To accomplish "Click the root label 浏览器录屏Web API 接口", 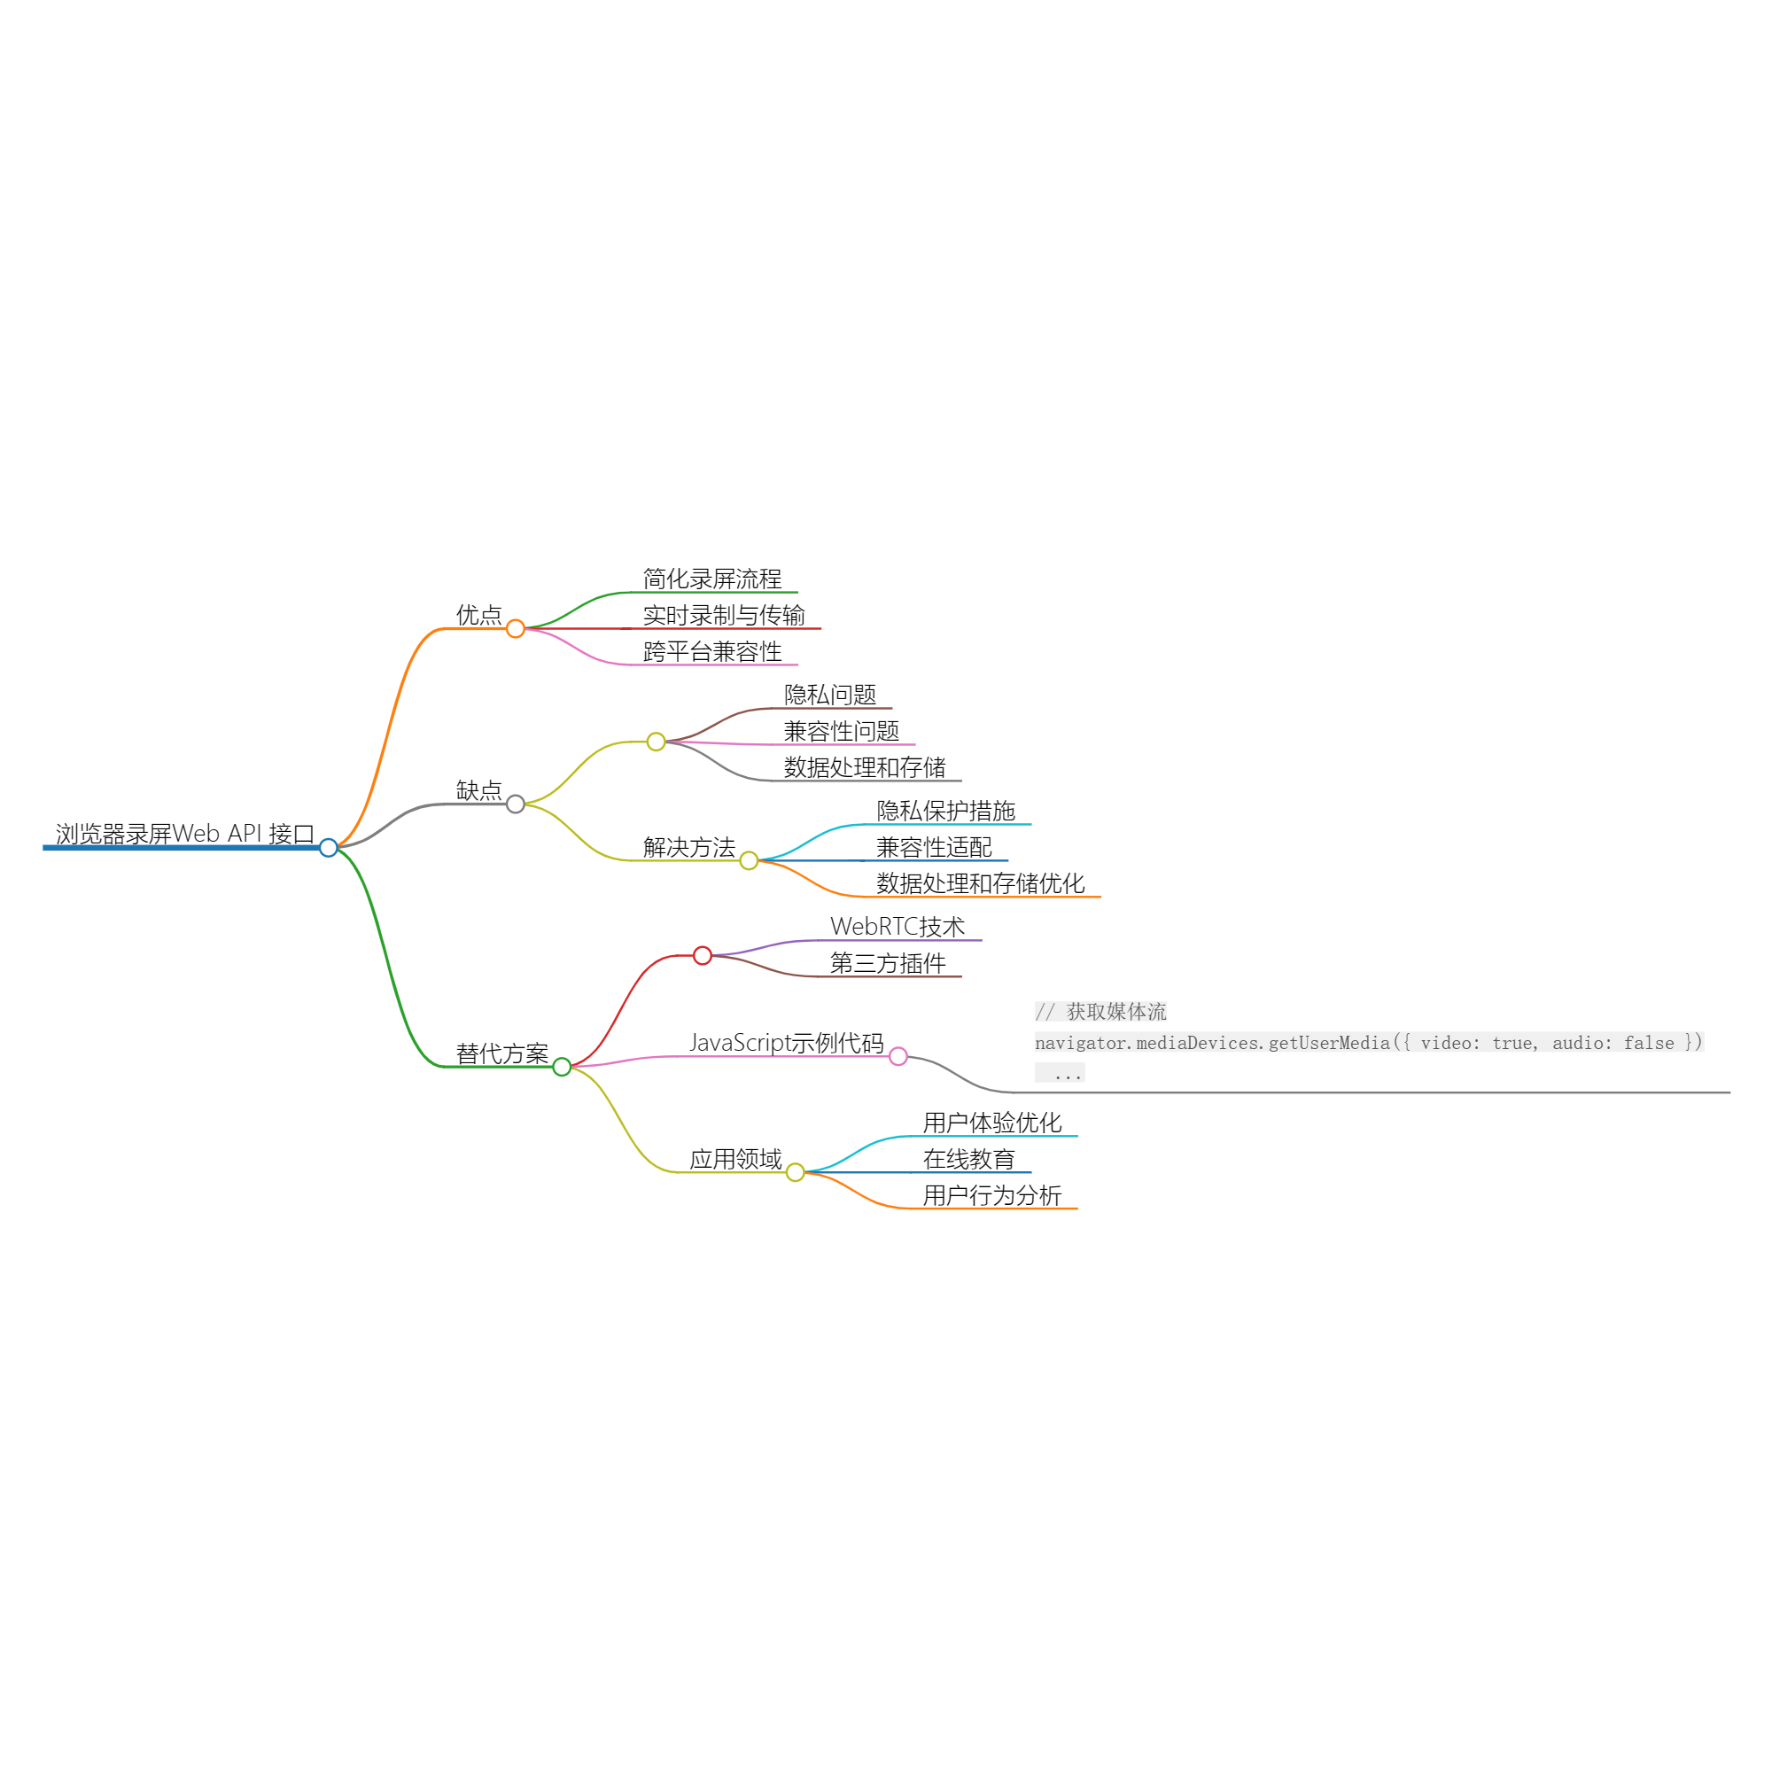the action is [184, 834].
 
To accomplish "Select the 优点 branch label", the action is [478, 615].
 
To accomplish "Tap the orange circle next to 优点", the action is [516, 628].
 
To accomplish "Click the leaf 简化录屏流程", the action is [711, 579].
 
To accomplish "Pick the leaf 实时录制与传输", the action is [724, 615].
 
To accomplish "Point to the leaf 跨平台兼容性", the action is [711, 651].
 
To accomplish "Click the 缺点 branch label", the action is [478, 790].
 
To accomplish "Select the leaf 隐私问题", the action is [830, 695].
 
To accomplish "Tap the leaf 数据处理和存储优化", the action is [981, 883].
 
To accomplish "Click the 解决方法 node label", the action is [688, 848].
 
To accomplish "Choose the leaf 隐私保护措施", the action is [945, 811].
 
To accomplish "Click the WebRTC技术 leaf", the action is [897, 927].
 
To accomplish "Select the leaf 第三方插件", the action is [888, 963].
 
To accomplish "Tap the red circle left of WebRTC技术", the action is [703, 956].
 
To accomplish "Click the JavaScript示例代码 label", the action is [786, 1043].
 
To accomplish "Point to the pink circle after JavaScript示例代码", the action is [898, 1057].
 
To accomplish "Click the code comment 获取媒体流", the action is [1116, 1012].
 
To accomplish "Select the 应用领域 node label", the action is [735, 1159].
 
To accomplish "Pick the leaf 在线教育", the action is [968, 1159].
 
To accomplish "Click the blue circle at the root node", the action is [329, 848].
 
